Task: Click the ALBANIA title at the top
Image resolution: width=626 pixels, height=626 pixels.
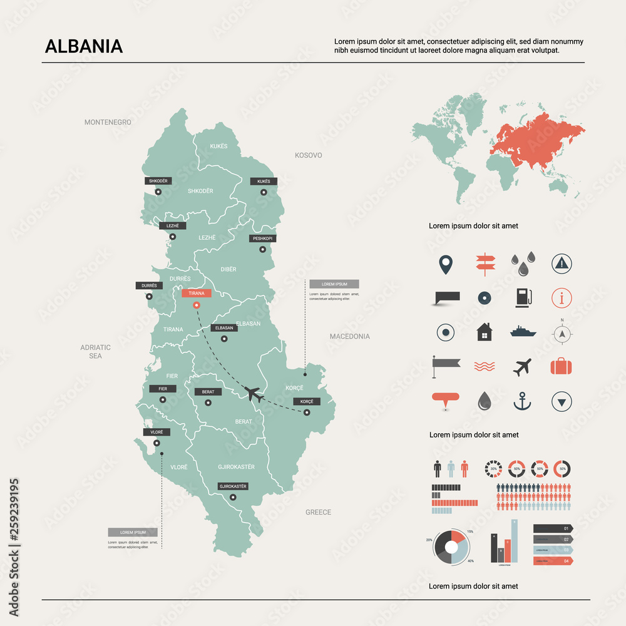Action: pyautogui.click(x=84, y=47)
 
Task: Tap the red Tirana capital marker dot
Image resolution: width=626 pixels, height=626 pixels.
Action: pyautogui.click(x=197, y=305)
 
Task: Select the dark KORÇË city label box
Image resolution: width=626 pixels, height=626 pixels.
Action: pyautogui.click(x=307, y=401)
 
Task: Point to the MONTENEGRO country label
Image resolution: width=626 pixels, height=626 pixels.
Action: pyautogui.click(x=108, y=122)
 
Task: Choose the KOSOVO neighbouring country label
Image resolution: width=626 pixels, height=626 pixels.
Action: pyautogui.click(x=309, y=155)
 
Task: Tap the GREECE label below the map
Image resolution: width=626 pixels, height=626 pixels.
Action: pyautogui.click(x=318, y=512)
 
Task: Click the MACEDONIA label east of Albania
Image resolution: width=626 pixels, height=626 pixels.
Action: pyautogui.click(x=350, y=336)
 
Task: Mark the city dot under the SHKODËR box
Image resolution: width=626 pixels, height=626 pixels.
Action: pyautogui.click(x=158, y=192)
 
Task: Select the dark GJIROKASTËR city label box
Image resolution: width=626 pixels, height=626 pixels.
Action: pyautogui.click(x=233, y=486)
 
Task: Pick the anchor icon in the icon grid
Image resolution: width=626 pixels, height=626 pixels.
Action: pyautogui.click(x=522, y=401)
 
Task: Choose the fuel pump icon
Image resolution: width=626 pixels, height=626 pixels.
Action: pyautogui.click(x=523, y=297)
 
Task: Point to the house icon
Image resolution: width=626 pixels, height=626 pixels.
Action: pyautogui.click(x=484, y=332)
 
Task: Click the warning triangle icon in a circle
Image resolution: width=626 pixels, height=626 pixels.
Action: pyautogui.click(x=562, y=264)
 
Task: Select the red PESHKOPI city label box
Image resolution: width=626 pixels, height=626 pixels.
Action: pyautogui.click(x=263, y=239)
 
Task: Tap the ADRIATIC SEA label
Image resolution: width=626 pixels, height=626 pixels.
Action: pyautogui.click(x=95, y=351)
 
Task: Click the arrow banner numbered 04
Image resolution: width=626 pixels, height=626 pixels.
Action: pyautogui.click(x=552, y=561)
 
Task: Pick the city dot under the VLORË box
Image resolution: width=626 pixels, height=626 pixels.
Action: pyautogui.click(x=156, y=443)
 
